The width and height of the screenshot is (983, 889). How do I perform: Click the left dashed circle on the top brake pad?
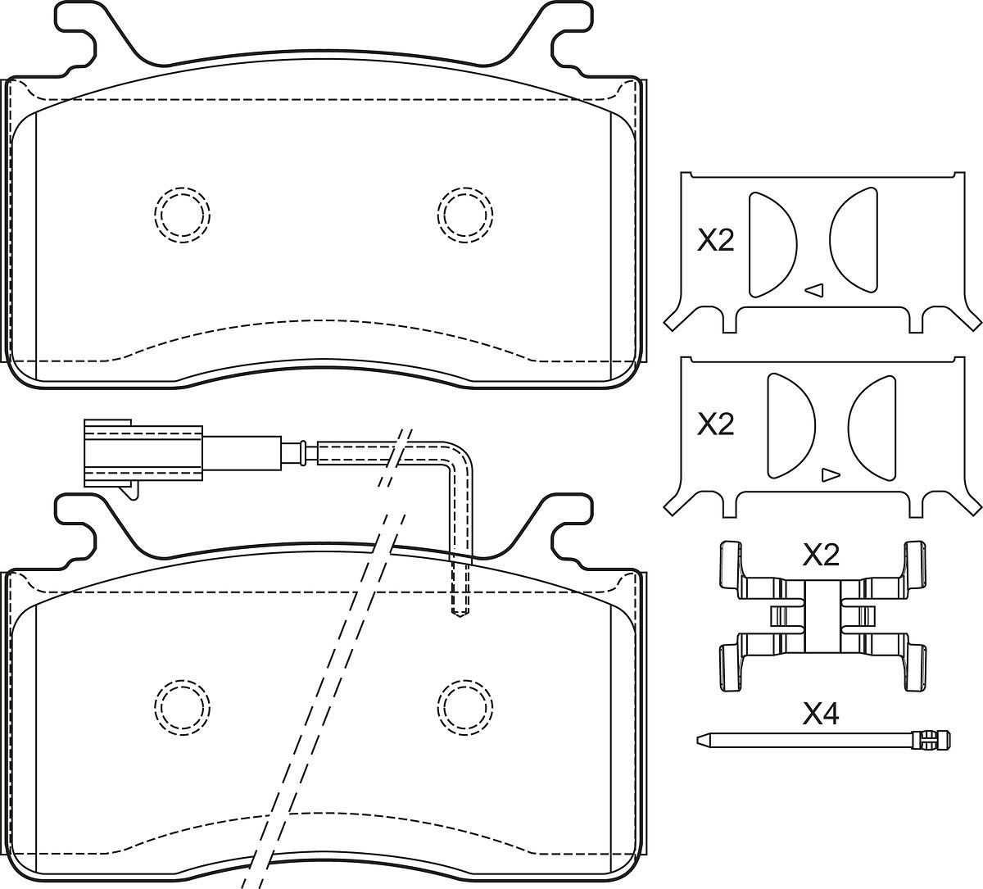183,214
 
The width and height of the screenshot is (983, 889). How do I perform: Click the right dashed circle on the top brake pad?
465,214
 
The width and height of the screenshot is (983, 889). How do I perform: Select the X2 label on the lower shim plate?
715,424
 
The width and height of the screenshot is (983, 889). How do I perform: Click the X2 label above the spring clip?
821,556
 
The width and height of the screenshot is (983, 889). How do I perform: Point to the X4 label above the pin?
821,714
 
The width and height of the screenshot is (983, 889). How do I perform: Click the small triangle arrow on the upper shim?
814,288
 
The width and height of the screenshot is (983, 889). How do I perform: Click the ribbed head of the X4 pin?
931,739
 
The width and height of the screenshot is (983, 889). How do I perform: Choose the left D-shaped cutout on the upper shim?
769,243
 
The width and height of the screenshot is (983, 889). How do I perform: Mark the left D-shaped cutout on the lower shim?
788,425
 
